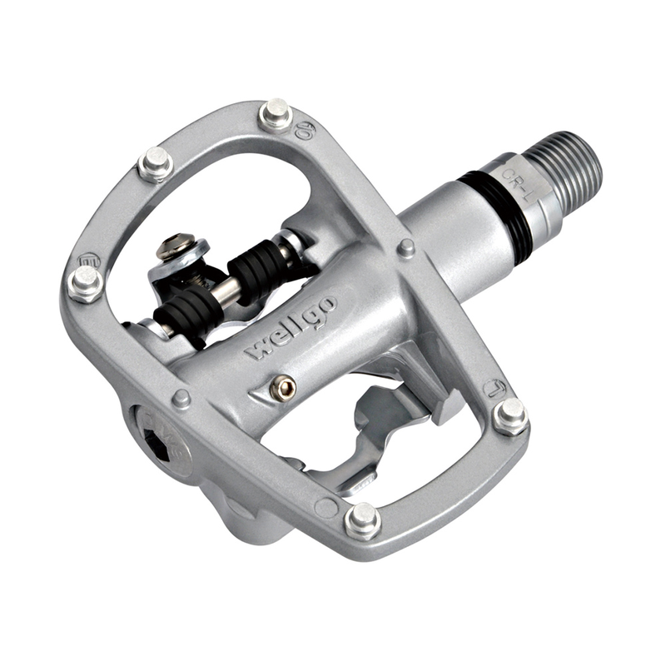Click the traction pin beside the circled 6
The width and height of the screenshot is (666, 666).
275,113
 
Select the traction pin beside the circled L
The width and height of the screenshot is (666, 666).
509,415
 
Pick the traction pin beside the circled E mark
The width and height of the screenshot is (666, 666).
85,284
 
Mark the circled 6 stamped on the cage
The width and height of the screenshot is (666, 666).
305,129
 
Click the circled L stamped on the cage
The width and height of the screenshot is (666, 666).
494,389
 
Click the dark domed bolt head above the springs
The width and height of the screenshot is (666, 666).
172,246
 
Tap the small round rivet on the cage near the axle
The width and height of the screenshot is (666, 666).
406,247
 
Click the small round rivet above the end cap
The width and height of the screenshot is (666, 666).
181,398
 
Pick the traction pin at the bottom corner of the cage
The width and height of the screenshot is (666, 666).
362,521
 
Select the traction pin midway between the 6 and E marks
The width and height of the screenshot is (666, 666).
155,164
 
